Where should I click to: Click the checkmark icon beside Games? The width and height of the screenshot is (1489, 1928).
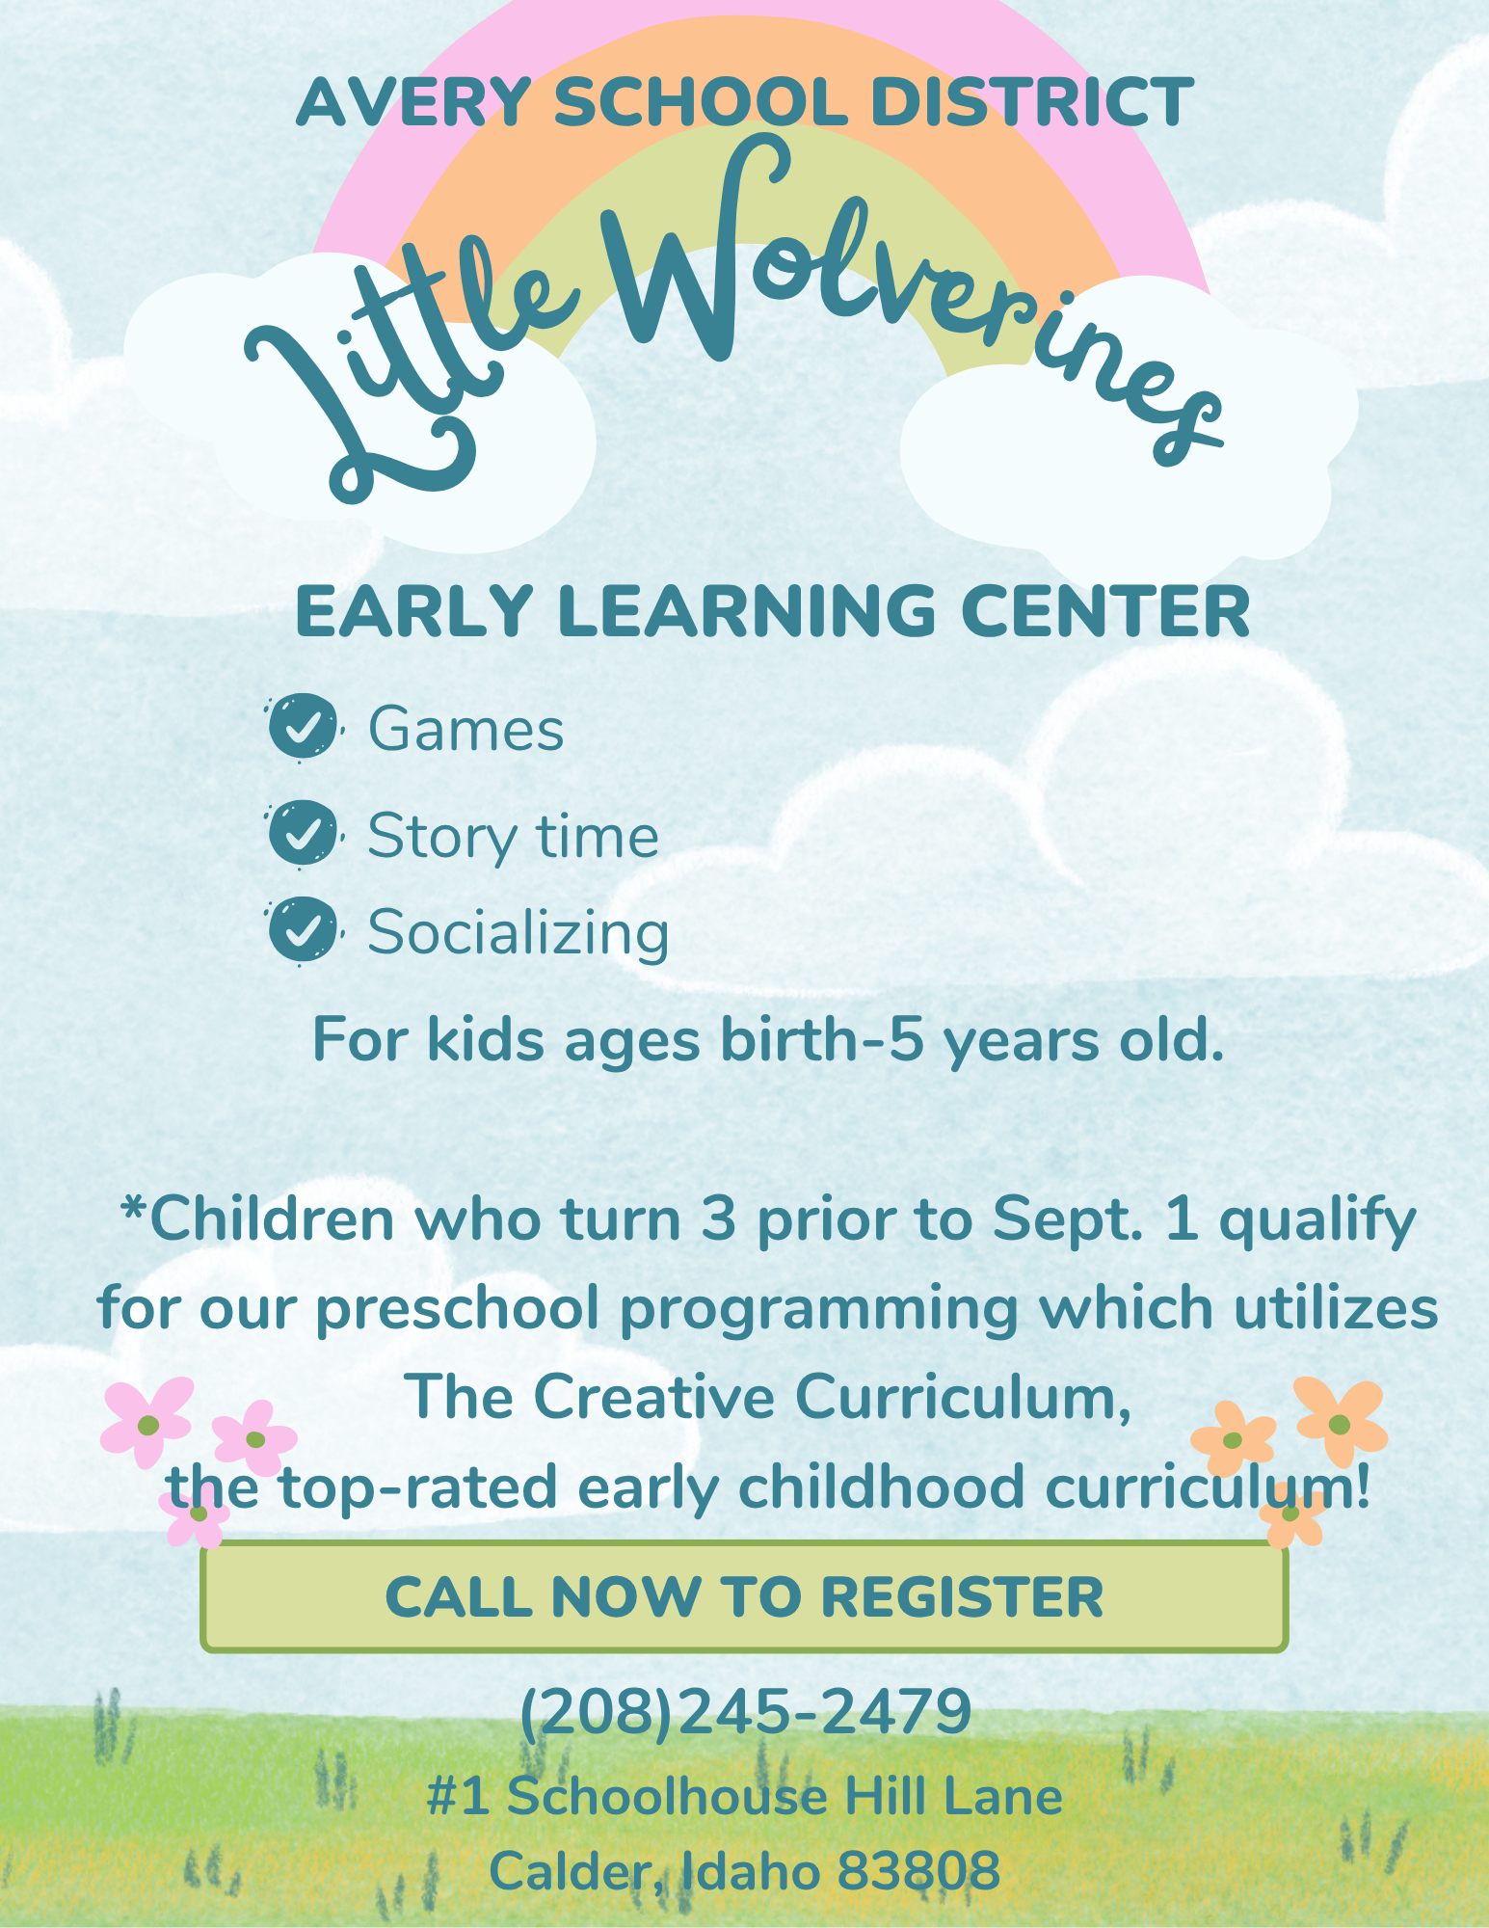coord(303,728)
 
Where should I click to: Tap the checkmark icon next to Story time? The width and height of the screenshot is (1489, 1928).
coord(303,834)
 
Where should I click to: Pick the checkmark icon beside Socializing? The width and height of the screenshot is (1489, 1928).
coord(303,931)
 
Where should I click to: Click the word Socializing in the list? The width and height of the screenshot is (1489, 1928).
coord(518,933)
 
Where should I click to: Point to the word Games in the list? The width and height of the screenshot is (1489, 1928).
coord(465,729)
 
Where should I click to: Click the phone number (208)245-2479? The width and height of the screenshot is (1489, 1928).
coord(745,1712)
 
